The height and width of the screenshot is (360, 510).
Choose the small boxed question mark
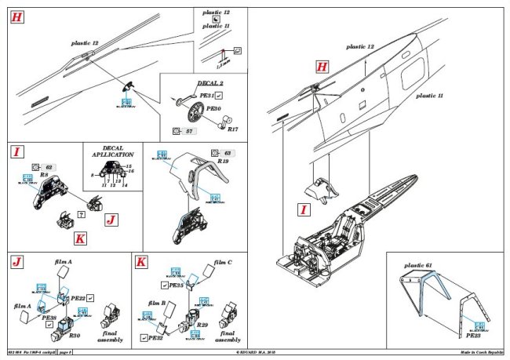[x=82, y=215]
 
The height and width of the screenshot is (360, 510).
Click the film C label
[x=224, y=261]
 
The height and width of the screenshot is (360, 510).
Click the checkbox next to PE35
[x=166, y=286]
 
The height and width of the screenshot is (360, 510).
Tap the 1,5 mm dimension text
[x=218, y=65]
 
